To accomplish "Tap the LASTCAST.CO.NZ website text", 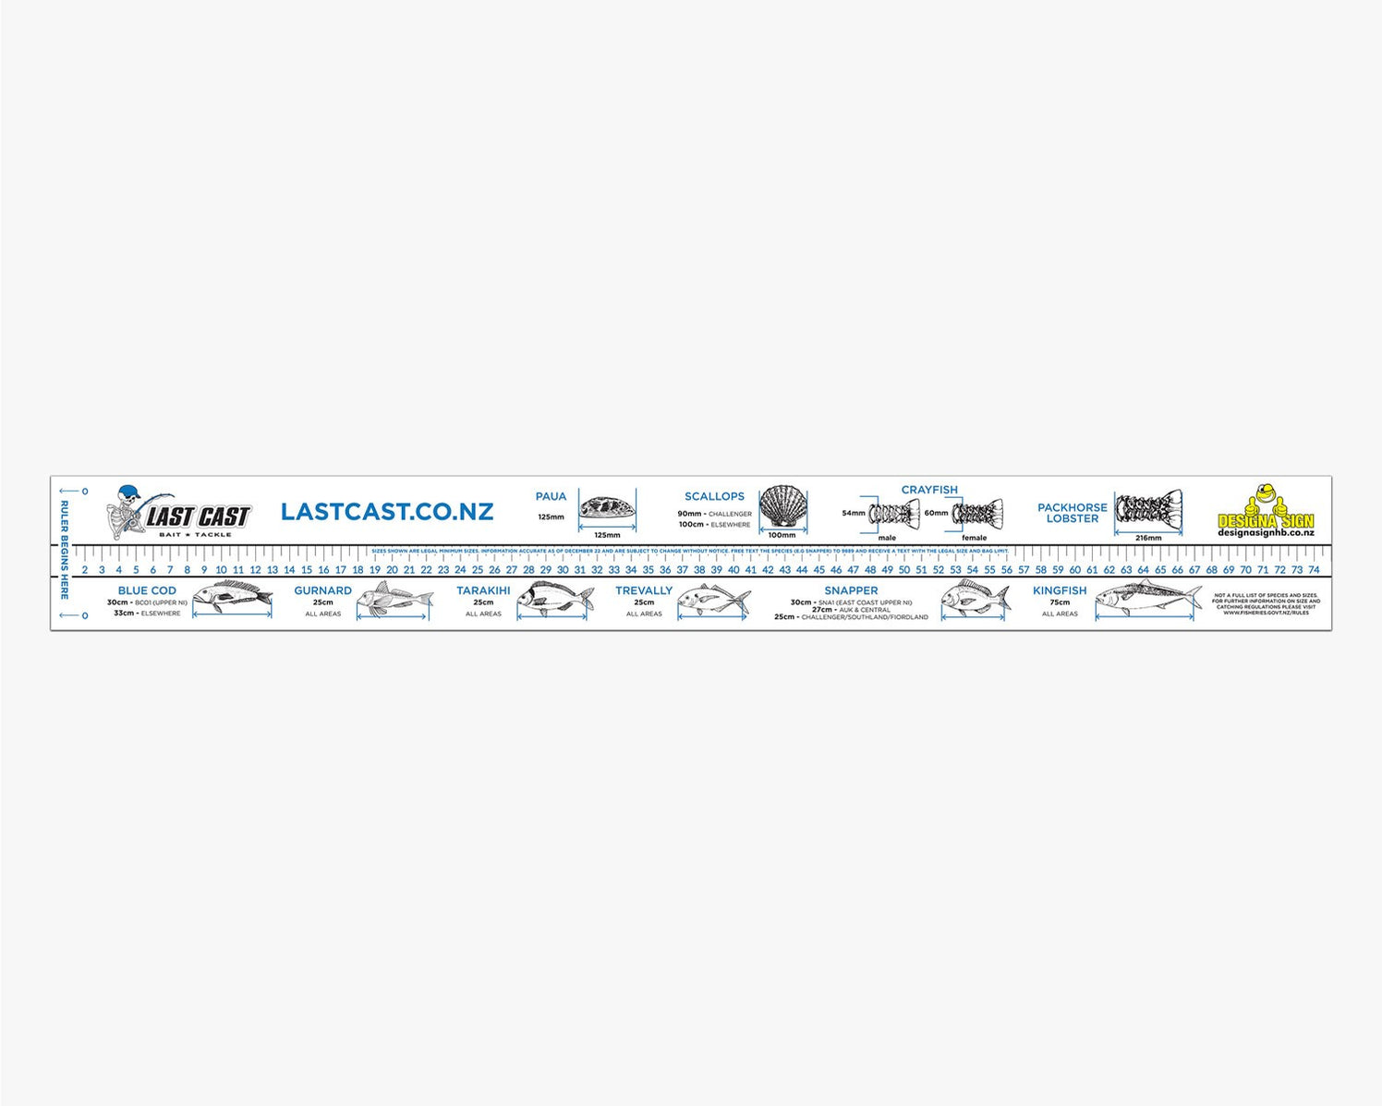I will click(x=387, y=512).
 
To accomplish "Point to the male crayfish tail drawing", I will click(x=894, y=513).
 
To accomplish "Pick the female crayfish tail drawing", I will click(x=977, y=513).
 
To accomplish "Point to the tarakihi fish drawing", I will click(x=554, y=599).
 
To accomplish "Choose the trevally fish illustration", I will click(x=713, y=600).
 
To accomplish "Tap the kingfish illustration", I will click(x=1148, y=600).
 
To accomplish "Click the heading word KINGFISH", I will click(x=1060, y=590).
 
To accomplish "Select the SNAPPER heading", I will click(x=851, y=590).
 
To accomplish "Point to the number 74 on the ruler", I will click(x=1314, y=570).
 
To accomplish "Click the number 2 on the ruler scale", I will click(x=85, y=570).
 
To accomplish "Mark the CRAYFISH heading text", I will click(x=929, y=490).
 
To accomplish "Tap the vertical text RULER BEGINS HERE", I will click(x=65, y=550).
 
